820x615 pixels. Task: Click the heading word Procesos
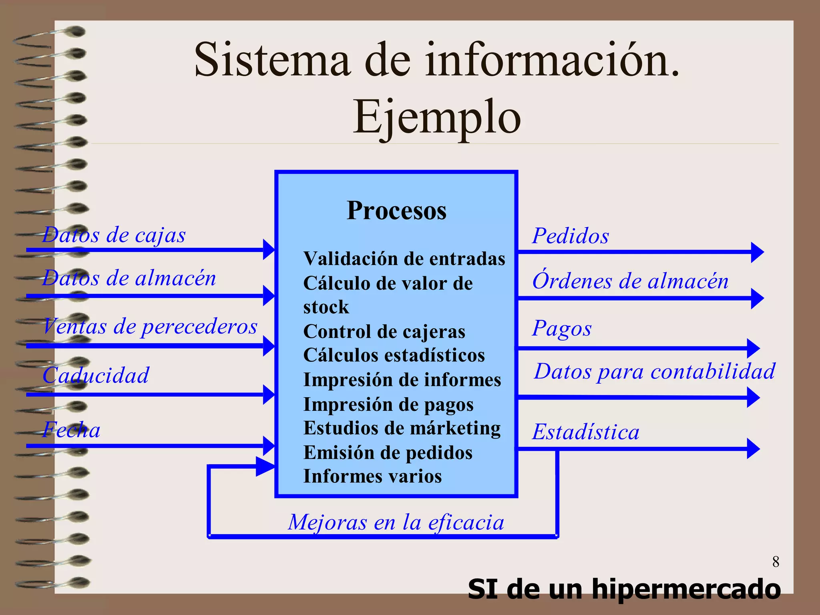tap(396, 211)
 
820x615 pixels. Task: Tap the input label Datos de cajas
tap(114, 235)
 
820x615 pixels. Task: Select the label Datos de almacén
tap(129, 278)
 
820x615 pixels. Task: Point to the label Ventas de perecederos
tap(150, 326)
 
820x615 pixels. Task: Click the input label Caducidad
tap(96, 375)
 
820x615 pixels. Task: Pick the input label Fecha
tap(72, 430)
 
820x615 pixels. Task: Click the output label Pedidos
tap(571, 235)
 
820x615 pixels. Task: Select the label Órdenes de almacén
tap(630, 281)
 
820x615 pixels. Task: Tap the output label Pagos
tap(562, 328)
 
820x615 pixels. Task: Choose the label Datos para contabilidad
tap(655, 371)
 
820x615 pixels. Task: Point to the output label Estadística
tap(586, 432)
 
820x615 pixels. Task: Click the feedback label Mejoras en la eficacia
tap(396, 522)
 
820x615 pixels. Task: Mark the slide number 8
tap(776, 562)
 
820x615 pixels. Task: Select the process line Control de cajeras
tap(384, 332)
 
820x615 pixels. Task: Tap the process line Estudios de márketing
tap(402, 428)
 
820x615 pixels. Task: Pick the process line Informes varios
tap(372, 476)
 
